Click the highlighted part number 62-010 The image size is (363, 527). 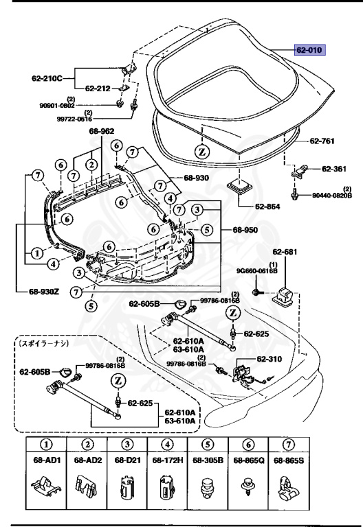point(309,50)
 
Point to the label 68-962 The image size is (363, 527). point(102,131)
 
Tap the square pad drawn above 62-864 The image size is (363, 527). point(241,187)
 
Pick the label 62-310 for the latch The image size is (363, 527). point(272,359)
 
